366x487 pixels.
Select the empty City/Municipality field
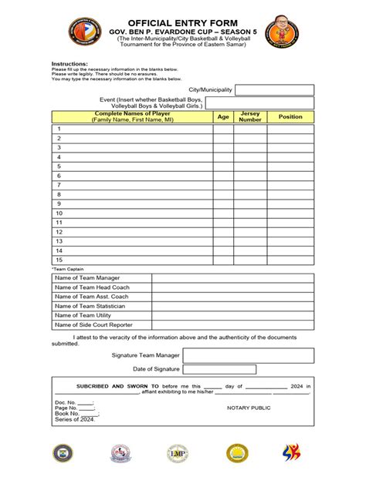point(274,90)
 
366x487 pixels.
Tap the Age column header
point(223,117)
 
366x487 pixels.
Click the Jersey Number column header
point(250,117)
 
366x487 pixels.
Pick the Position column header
point(290,117)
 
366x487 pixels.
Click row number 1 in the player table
point(59,129)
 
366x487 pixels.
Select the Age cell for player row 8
point(223,194)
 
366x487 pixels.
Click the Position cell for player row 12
point(290,231)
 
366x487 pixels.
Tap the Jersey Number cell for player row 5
point(250,166)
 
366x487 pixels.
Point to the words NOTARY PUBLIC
point(249,407)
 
